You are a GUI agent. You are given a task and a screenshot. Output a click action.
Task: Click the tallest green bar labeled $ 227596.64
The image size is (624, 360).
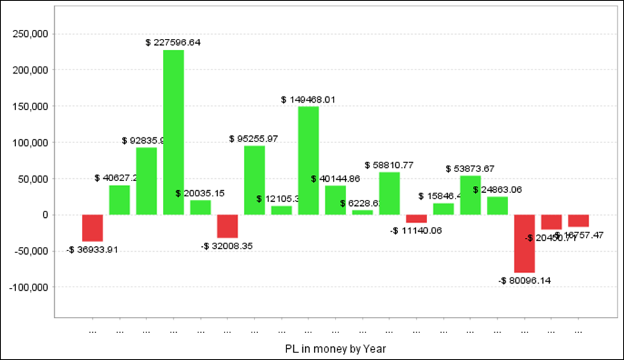pyautogui.click(x=173, y=132)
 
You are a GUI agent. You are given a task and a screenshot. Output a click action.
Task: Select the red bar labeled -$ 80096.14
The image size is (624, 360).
pyautogui.click(x=524, y=243)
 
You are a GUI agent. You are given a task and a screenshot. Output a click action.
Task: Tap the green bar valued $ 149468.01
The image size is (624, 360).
pyautogui.click(x=309, y=160)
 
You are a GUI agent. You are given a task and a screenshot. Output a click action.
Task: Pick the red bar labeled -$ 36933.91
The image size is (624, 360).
pyautogui.click(x=92, y=228)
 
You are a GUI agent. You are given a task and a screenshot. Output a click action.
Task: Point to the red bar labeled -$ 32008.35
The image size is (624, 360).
pyautogui.click(x=227, y=226)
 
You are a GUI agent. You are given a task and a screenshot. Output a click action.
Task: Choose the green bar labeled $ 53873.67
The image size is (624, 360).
pyautogui.click(x=470, y=195)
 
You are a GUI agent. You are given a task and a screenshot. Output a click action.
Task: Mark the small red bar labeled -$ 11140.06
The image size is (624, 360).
pyautogui.click(x=416, y=218)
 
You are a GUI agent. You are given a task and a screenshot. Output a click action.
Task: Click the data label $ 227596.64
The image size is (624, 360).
pyautogui.click(x=173, y=43)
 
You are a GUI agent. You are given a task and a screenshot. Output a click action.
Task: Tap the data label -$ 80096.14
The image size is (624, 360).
pyautogui.click(x=524, y=280)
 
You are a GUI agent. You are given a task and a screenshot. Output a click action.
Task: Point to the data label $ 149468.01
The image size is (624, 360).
pyautogui.click(x=309, y=100)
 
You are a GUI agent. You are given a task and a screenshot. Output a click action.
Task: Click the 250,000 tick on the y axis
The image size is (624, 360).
pyautogui.click(x=30, y=34)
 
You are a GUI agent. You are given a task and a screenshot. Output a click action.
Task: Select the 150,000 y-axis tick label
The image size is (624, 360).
pyautogui.click(x=30, y=106)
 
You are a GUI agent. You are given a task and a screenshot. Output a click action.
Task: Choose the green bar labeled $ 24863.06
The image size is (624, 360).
pyautogui.click(x=497, y=205)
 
